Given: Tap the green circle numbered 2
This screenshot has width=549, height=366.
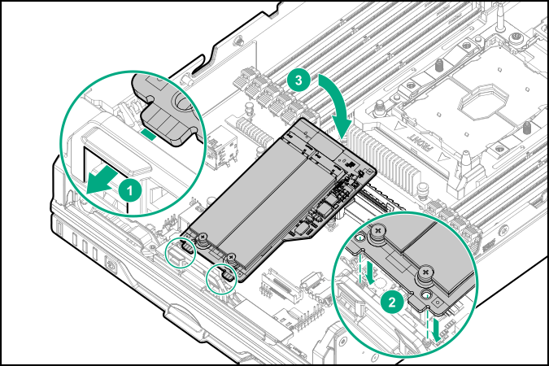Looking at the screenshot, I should [392, 300].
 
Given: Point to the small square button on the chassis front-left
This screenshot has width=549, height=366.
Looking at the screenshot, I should [111, 264].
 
